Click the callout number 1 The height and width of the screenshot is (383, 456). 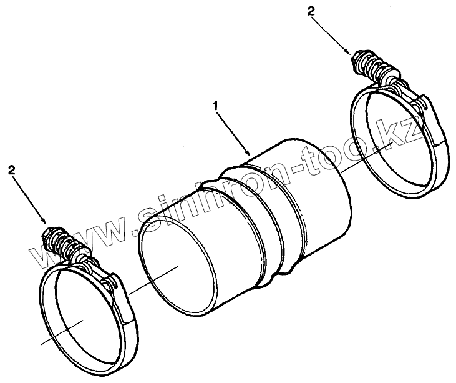216,107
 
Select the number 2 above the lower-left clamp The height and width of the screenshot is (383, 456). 11,169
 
